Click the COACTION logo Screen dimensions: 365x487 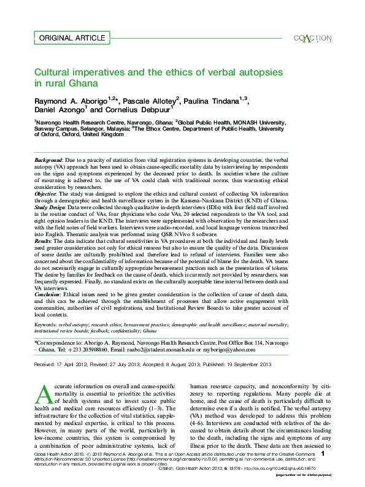(312, 38)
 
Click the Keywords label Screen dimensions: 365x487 (47, 323)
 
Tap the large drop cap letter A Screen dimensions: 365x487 (44, 393)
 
